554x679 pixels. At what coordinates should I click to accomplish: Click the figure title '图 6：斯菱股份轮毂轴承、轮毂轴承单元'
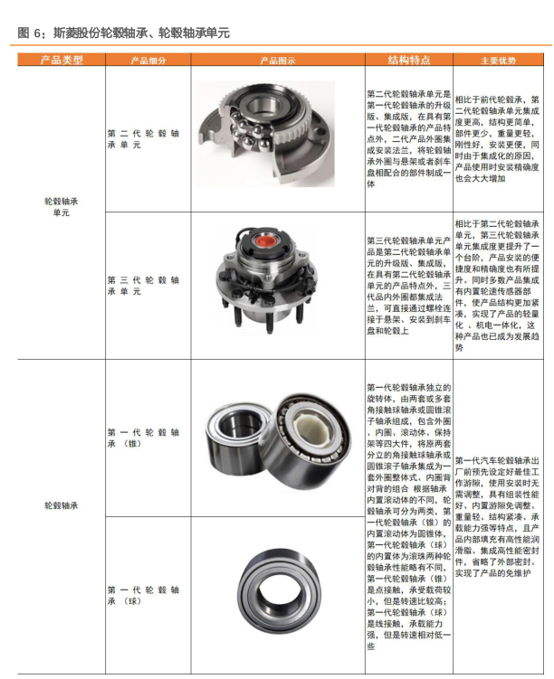(124, 33)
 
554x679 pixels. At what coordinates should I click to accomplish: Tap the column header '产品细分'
(148, 61)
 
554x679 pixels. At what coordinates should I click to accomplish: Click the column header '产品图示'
(277, 61)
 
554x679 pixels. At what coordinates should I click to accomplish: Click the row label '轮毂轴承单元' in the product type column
(62, 207)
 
